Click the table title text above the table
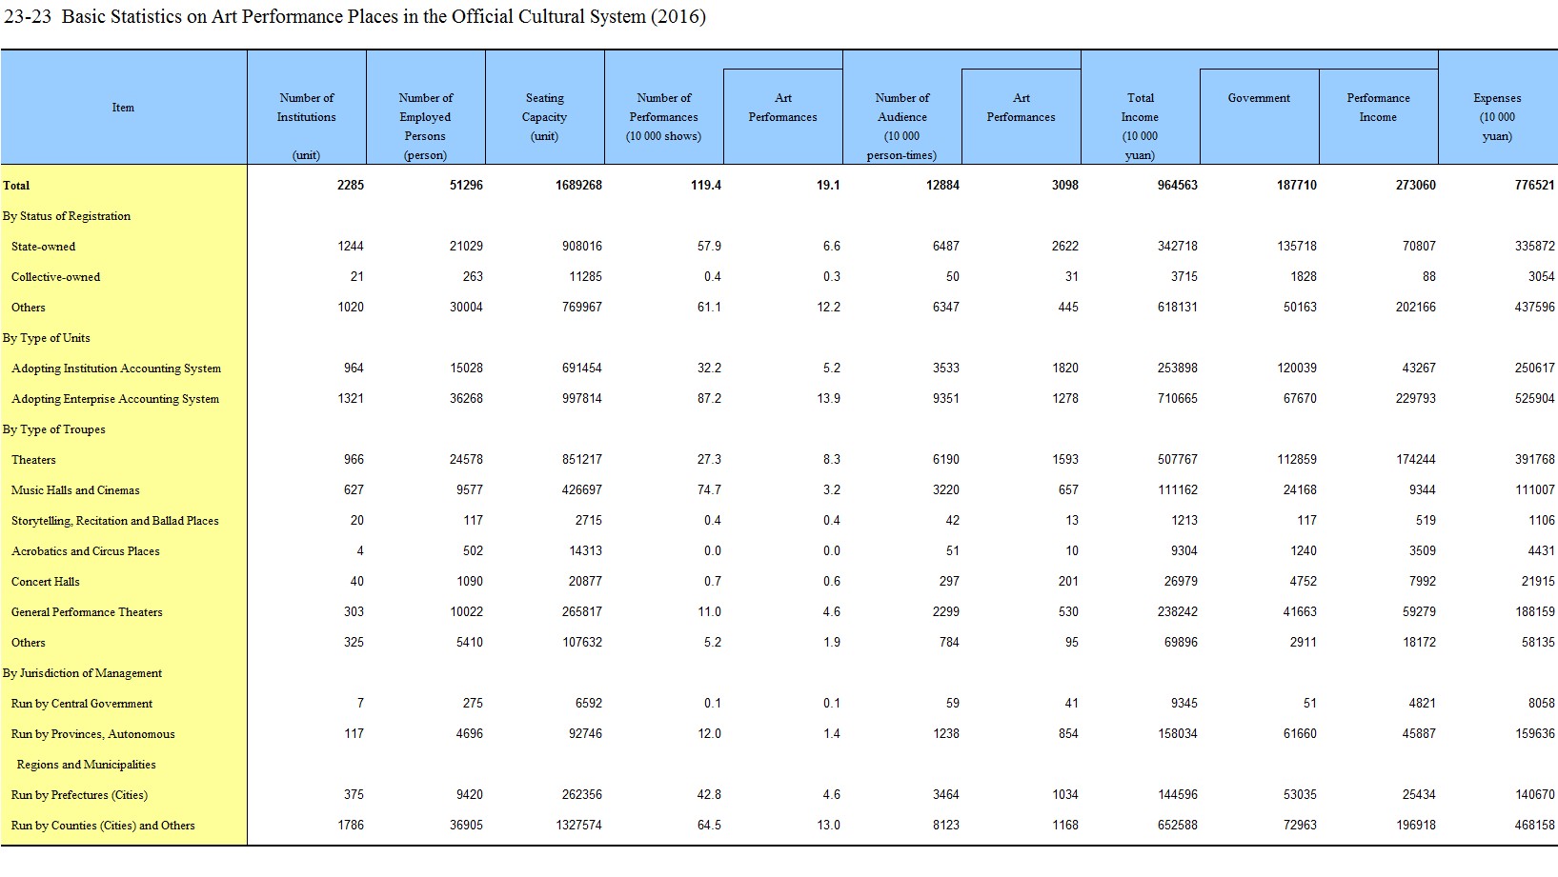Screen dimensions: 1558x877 (354, 16)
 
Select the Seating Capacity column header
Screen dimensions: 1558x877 (545, 117)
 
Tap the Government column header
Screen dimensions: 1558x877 (1259, 98)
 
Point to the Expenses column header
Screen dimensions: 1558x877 (1497, 117)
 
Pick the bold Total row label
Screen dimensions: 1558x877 (16, 186)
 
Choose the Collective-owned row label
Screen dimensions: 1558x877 (55, 276)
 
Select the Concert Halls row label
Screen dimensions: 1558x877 (45, 582)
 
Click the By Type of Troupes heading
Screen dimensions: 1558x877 (53, 429)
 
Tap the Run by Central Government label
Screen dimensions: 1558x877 (81, 704)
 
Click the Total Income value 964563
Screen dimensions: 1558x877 (1178, 186)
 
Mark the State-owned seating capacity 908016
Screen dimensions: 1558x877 (582, 246)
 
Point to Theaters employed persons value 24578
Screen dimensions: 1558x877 (466, 459)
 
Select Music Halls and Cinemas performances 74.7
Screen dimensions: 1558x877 (710, 490)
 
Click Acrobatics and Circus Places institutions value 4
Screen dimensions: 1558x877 (360, 551)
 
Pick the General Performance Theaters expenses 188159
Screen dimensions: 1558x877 (1534, 612)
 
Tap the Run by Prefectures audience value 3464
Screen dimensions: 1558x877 (946, 795)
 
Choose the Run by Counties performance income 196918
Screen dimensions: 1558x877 (1415, 826)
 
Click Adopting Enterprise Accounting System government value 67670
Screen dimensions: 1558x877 (1300, 399)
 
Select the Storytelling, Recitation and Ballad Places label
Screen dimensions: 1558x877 (114, 521)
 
